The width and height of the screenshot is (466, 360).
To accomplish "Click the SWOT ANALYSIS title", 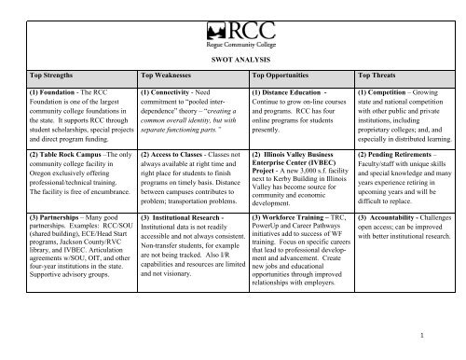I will point(232,58).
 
